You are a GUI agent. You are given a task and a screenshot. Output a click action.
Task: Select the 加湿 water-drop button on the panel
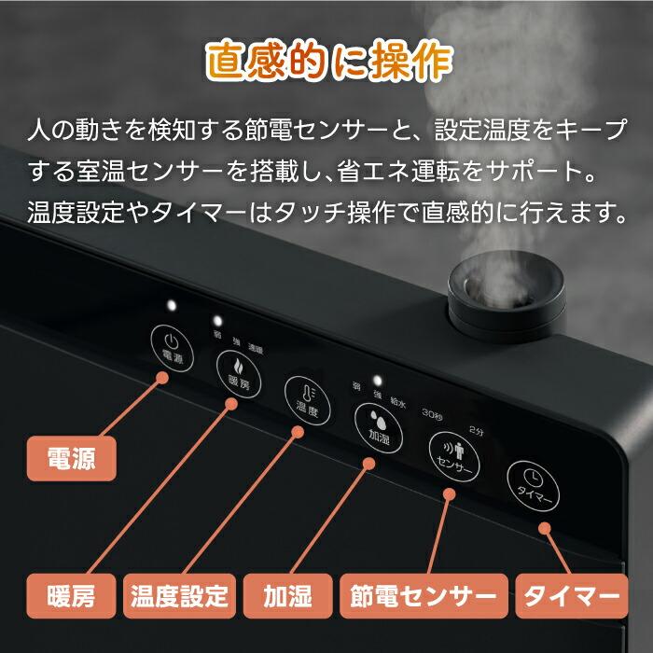(376, 424)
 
